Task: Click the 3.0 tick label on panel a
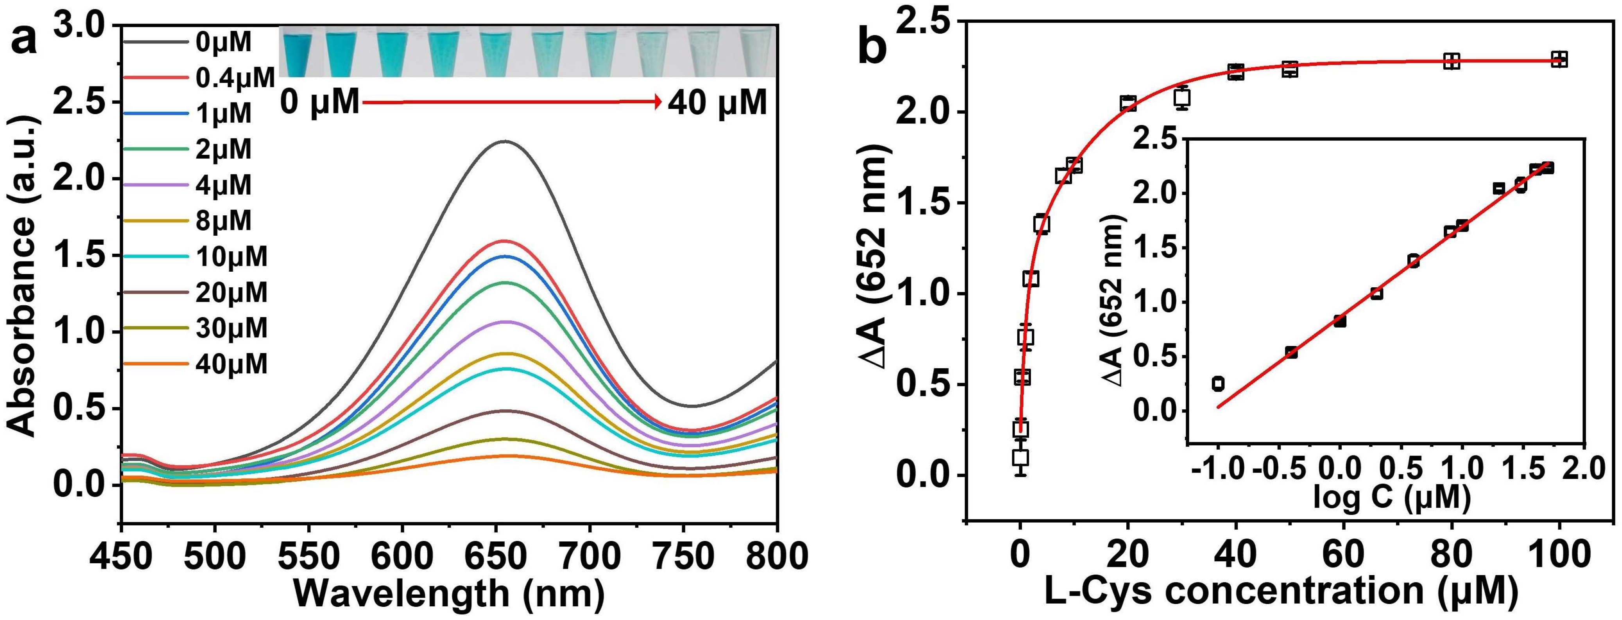pyautogui.click(x=84, y=27)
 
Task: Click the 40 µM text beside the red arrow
pyautogui.click(x=717, y=102)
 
